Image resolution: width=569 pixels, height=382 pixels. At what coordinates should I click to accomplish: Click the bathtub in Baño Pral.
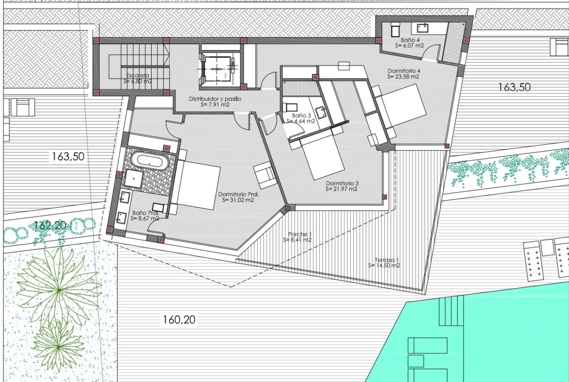pyautogui.click(x=149, y=161)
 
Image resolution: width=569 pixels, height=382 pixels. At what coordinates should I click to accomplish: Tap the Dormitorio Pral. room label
pyautogui.click(x=238, y=197)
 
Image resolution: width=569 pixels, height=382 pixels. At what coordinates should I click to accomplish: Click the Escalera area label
pyautogui.click(x=138, y=78)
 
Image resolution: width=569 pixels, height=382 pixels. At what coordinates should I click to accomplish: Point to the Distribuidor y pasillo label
pyautogui.click(x=215, y=102)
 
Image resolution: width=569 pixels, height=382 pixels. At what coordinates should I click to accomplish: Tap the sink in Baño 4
pyautogui.click(x=422, y=28)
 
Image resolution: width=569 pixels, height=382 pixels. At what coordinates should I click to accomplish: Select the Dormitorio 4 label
pyautogui.click(x=403, y=73)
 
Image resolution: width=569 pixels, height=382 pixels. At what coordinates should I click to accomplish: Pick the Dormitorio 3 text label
pyautogui.click(x=341, y=186)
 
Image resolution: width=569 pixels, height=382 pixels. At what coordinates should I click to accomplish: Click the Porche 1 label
pyautogui.click(x=297, y=237)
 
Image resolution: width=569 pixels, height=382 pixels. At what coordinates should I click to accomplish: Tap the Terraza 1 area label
pyautogui.click(x=384, y=263)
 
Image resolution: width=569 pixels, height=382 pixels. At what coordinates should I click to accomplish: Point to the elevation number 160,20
pyautogui.click(x=179, y=320)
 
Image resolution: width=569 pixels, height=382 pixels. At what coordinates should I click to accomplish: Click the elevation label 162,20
pyautogui.click(x=50, y=225)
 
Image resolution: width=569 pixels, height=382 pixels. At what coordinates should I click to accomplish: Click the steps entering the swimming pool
pyautogui.click(x=451, y=310)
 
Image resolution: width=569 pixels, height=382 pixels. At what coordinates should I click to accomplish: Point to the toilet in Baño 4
pyautogui.click(x=395, y=29)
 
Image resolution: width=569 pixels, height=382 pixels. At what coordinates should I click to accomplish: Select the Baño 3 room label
pyautogui.click(x=301, y=118)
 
